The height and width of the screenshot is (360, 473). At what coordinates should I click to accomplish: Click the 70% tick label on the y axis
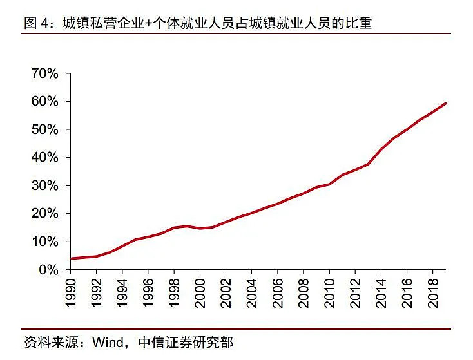coord(44,73)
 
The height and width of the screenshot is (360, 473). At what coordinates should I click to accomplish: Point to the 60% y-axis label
coord(44,102)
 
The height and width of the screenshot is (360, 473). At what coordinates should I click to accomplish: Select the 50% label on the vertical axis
coord(44,129)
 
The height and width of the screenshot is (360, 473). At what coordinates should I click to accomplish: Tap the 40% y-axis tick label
coord(44,158)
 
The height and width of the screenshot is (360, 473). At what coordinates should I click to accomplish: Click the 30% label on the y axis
coord(44,185)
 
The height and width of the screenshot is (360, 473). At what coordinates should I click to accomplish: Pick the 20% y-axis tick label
coord(44,214)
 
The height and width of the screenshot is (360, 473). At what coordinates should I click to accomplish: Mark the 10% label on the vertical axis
coord(44,242)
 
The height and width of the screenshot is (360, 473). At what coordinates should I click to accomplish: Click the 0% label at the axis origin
coord(48,270)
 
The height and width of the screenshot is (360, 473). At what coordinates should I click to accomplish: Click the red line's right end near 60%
coord(445,103)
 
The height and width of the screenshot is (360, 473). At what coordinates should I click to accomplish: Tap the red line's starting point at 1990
coord(72,258)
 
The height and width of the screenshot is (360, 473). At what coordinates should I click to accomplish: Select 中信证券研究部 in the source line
coord(184,342)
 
